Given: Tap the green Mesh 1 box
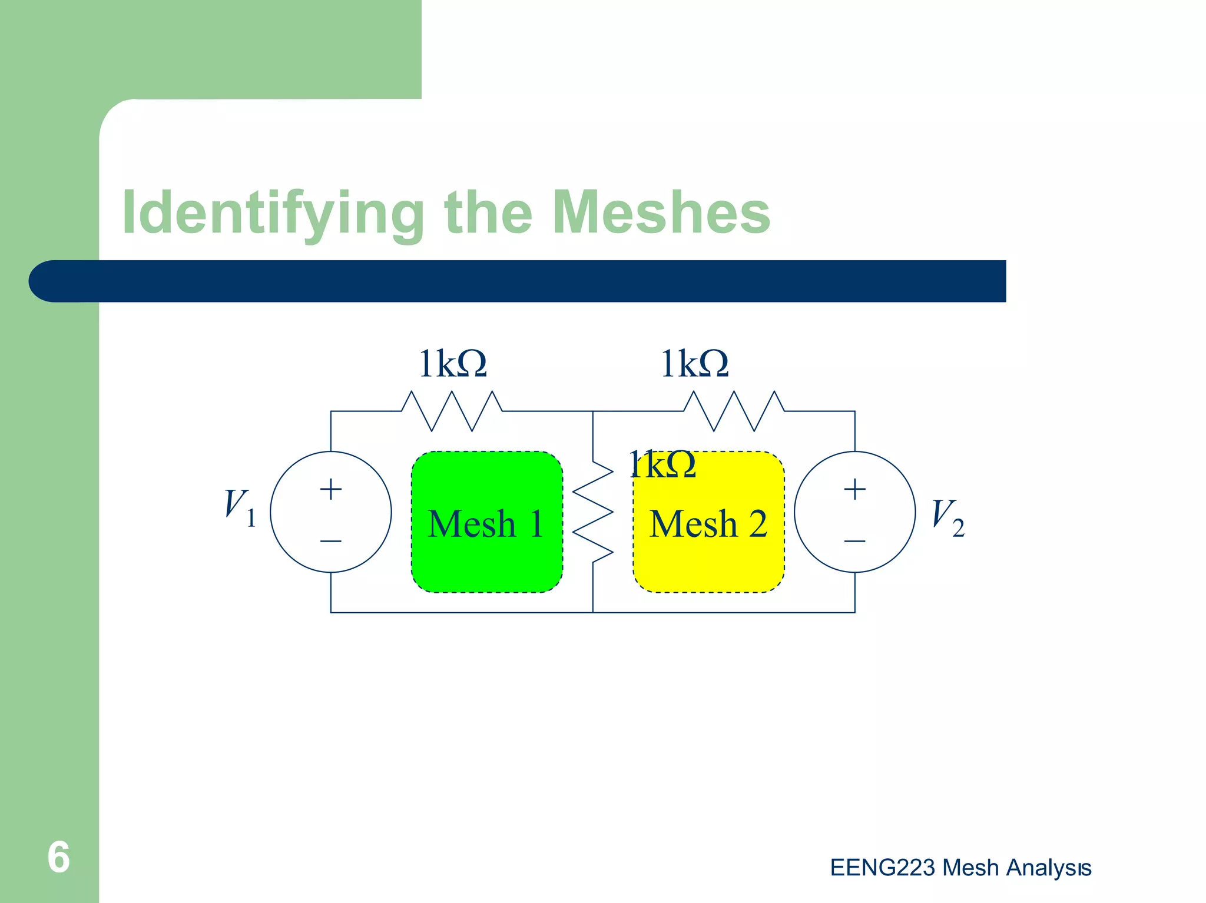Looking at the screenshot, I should click(486, 522).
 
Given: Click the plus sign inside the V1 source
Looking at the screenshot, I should click(331, 489).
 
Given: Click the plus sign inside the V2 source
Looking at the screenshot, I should click(854, 489).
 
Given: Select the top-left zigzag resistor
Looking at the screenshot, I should click(452, 411).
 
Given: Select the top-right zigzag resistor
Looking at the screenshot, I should click(734, 411).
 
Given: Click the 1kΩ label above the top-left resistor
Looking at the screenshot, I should click(452, 364).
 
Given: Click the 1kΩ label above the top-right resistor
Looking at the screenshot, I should click(694, 364).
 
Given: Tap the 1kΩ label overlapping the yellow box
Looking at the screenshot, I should click(662, 465).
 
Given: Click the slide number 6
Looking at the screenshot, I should click(58, 857).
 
